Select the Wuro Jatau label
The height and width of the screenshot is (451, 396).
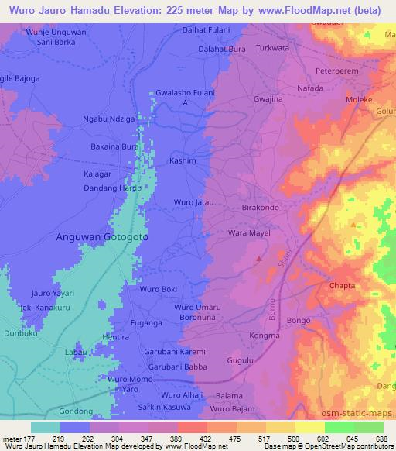pyautogui.click(x=193, y=202)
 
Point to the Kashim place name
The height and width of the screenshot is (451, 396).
pyautogui.click(x=183, y=160)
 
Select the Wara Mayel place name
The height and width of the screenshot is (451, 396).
pyautogui.click(x=247, y=232)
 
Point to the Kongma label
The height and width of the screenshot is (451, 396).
pyautogui.click(x=265, y=336)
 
